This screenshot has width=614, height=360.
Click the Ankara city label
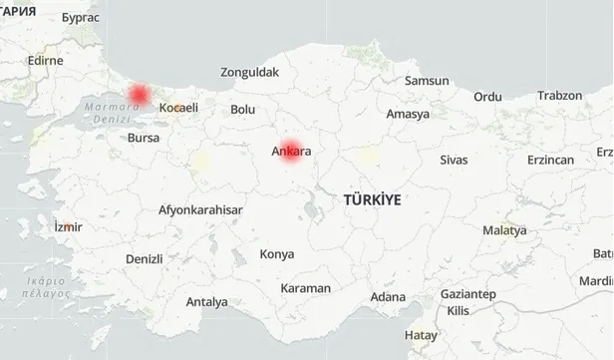(292, 153)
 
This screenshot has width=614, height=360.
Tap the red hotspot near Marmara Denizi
(139, 94)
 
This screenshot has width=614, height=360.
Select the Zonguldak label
(250, 72)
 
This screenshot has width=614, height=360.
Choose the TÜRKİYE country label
(372, 199)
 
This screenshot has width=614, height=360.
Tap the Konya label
(276, 254)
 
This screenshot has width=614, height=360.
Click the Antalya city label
(206, 301)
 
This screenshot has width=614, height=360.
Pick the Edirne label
(46, 60)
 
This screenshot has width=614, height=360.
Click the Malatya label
(504, 230)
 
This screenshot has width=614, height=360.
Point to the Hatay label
(421, 335)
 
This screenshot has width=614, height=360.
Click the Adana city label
(387, 297)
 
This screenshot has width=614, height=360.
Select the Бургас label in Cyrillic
(80, 17)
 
